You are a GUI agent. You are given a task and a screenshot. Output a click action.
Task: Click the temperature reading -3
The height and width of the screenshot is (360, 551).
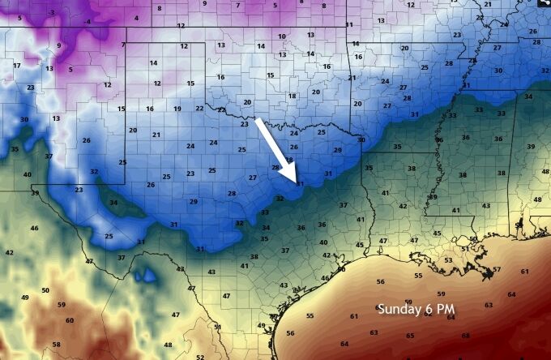(53, 12)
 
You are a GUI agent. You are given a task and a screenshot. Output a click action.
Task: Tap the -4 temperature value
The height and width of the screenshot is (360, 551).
(87, 22)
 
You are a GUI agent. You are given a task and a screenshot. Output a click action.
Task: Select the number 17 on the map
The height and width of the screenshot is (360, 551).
(16, 65)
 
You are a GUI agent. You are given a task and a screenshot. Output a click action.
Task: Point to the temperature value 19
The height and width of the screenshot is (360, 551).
(177, 109)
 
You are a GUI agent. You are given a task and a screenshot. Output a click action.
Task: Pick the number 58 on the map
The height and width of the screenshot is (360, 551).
(56, 345)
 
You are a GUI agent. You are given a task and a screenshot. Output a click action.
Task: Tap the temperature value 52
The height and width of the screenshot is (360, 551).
(199, 356)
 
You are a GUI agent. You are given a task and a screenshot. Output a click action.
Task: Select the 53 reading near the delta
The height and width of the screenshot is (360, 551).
(448, 260)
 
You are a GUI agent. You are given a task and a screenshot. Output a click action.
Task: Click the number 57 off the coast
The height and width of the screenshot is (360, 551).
(497, 269)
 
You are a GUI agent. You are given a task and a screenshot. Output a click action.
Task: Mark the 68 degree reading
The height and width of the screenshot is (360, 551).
(465, 335)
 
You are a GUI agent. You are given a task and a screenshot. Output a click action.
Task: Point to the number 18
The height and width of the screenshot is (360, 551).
(293, 96)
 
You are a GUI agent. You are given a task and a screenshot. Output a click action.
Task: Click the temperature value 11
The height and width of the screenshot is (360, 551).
(349, 25)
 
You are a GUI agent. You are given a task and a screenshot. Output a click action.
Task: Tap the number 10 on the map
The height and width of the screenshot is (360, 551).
(282, 36)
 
